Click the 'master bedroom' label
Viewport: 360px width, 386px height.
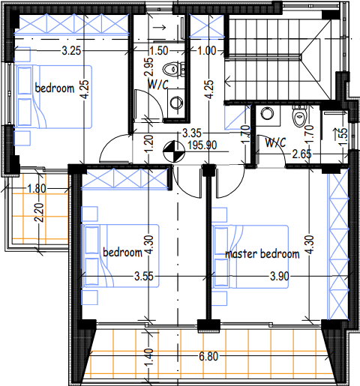coord(262,254)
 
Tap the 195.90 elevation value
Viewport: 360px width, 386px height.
coord(202,145)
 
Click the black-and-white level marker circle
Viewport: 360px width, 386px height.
coord(174,151)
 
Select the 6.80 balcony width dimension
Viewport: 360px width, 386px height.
coord(208,356)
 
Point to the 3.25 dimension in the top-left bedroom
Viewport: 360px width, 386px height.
coord(71,51)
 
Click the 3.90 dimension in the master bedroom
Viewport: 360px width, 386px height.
coord(280,277)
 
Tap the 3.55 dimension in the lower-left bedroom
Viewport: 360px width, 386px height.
coord(144,277)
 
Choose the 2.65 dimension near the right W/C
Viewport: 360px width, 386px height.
coord(302,154)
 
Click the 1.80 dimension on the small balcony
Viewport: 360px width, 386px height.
coord(37,188)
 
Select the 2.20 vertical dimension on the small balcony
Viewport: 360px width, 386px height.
coord(39,213)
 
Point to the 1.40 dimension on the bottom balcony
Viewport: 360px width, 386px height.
coord(148,358)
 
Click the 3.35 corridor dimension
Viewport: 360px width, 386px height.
coord(192,133)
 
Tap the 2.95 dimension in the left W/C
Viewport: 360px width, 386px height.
coord(148,67)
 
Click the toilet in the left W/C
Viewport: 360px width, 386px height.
coord(173,69)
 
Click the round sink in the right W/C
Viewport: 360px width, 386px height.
coord(267,114)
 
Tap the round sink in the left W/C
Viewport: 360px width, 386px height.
coord(176,103)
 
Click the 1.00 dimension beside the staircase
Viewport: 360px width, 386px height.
coord(207,51)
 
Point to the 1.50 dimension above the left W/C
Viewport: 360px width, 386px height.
coord(159,51)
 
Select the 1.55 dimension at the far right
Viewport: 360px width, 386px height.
coord(343,136)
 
